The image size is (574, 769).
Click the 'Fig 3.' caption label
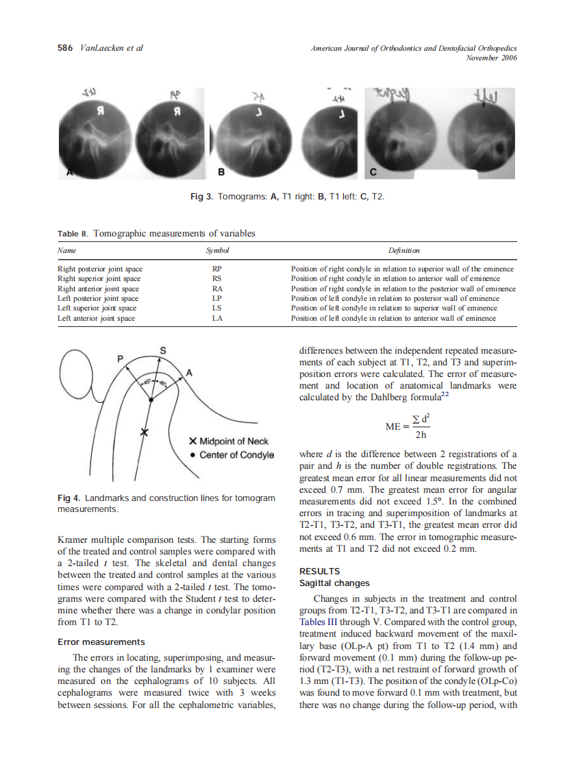click(x=201, y=197)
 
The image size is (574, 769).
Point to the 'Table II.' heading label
click(x=72, y=234)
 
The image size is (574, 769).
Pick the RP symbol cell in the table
click(x=217, y=269)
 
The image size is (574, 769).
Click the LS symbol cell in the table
click(x=217, y=308)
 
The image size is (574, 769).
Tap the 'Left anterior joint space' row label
click(x=97, y=318)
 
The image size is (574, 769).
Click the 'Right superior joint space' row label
click(x=99, y=279)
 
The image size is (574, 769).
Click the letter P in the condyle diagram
click(x=120, y=358)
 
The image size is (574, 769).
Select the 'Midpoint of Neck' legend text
click(x=234, y=441)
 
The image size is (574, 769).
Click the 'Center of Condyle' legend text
click(x=236, y=455)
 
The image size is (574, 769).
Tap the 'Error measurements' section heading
click(x=101, y=642)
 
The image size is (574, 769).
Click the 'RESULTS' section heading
click(x=320, y=571)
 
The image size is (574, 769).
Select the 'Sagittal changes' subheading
click(x=334, y=583)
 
